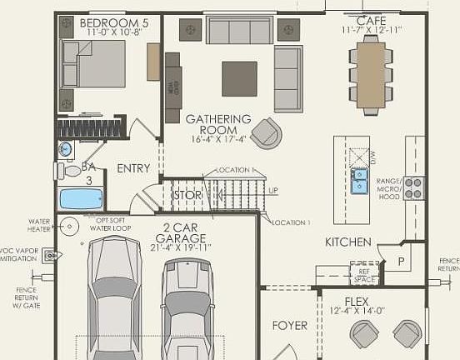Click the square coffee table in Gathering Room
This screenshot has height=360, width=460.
tap(239, 78)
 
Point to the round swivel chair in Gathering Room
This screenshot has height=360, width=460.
tap(267, 132)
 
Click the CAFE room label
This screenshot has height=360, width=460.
tap(372, 20)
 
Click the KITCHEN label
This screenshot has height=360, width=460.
tap(347, 242)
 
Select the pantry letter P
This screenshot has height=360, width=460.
tap(400, 261)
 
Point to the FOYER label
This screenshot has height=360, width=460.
tap(290, 325)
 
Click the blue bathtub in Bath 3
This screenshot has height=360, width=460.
tap(81, 199)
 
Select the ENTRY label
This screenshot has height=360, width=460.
tap(133, 168)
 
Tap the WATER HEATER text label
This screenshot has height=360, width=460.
tap(39, 226)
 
